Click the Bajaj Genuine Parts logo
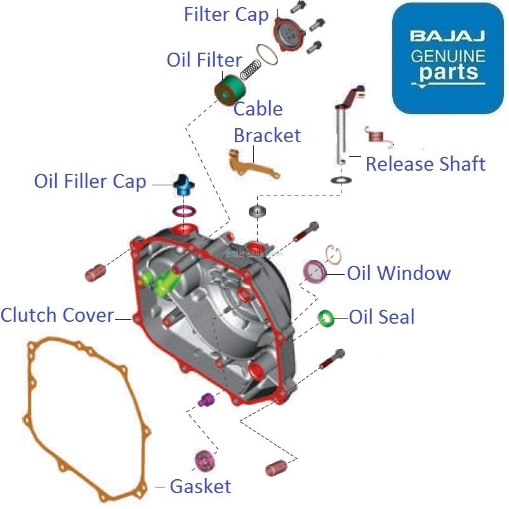(447, 58)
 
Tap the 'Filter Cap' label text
(226, 15)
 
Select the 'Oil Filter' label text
(204, 60)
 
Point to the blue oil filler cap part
(183, 185)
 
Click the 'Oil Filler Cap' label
(89, 182)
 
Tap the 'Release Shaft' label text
(425, 164)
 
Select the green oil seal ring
(327, 317)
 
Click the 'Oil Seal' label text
(381, 317)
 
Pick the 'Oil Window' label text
(399, 274)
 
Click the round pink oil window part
(315, 272)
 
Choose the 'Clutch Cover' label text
(57, 315)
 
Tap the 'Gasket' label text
(200, 487)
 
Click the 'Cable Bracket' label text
(267, 122)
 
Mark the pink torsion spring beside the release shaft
(374, 135)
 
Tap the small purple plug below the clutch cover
(207, 400)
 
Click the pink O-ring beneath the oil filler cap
(184, 211)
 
